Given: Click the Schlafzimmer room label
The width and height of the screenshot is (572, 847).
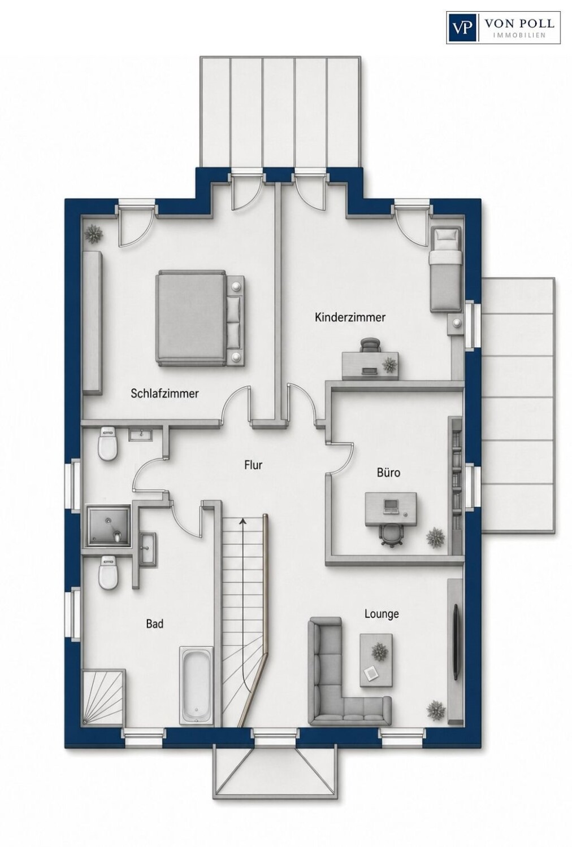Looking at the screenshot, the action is [164, 393].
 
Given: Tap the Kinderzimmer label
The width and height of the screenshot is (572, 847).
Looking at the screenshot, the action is [350, 317].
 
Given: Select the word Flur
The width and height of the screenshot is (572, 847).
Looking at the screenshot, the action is [253, 465].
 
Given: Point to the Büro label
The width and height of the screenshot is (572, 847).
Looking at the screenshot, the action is [388, 472].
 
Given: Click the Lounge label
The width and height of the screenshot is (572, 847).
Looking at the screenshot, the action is [382, 614].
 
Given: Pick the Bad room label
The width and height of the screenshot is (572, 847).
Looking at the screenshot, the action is [155, 623].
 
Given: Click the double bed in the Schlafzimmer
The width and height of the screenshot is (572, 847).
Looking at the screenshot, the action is [200, 317].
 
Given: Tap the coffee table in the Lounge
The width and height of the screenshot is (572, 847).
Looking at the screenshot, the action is [376, 660].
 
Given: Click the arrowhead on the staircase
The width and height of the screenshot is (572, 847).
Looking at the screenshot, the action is [242, 521].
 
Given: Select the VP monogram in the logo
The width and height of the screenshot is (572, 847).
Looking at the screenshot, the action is [463, 28].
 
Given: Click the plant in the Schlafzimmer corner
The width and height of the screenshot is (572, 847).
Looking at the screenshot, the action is [93, 234].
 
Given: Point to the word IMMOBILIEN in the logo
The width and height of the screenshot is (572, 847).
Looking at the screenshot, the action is [519, 35].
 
